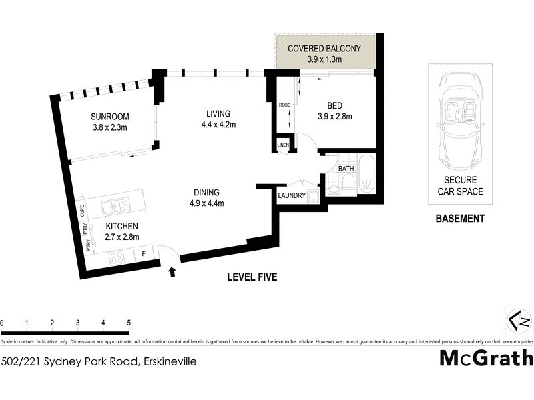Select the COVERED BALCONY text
(324, 49)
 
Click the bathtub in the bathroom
(366, 175)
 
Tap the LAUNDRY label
(292, 195)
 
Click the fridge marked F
(142, 253)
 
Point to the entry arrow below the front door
(173, 271)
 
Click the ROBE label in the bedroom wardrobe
(284, 105)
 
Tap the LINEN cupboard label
(283, 145)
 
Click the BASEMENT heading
(459, 218)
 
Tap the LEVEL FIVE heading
(252, 277)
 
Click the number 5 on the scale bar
(129, 323)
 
